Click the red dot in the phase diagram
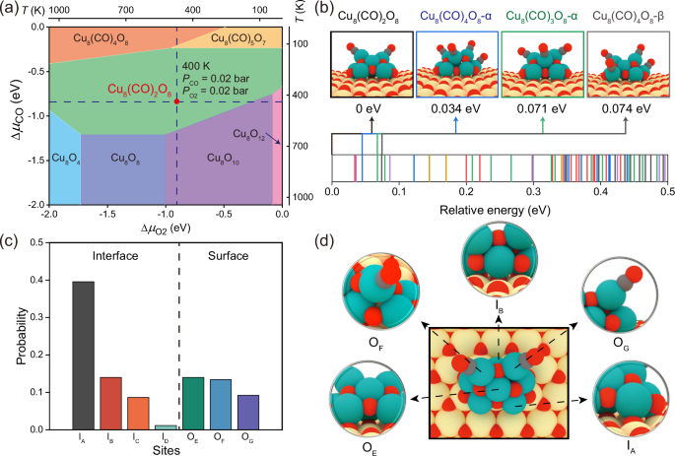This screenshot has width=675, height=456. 176,101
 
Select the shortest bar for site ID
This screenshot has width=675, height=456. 167,427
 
